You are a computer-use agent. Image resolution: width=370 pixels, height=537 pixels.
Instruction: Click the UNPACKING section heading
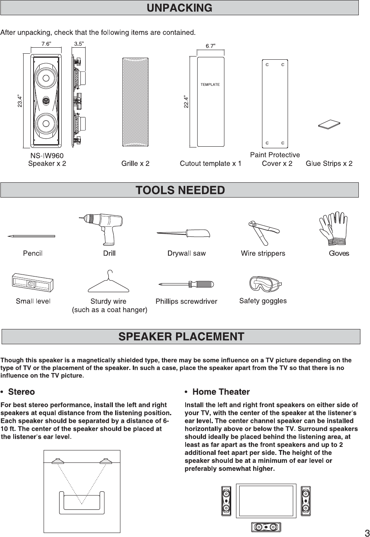point(179,8)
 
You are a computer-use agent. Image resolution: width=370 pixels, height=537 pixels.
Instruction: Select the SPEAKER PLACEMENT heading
point(181,337)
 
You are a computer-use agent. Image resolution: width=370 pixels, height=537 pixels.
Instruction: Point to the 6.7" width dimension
point(210,46)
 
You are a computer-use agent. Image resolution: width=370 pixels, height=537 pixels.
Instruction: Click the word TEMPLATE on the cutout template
point(210,85)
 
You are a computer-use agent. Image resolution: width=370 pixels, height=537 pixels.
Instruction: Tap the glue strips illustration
point(329,125)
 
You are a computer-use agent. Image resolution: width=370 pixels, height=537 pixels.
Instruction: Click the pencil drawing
point(31,236)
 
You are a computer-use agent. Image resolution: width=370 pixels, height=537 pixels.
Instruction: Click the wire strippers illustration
point(263,232)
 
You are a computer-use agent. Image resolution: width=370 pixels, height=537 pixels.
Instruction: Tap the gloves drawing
point(333,228)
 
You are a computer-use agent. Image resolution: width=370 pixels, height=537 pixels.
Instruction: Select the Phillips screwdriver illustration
point(186,285)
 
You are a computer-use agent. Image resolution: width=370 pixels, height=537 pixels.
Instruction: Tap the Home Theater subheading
point(221,392)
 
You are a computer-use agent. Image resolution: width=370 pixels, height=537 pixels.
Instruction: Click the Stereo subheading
point(22,392)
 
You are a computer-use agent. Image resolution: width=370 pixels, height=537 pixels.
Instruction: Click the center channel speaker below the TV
point(266,527)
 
